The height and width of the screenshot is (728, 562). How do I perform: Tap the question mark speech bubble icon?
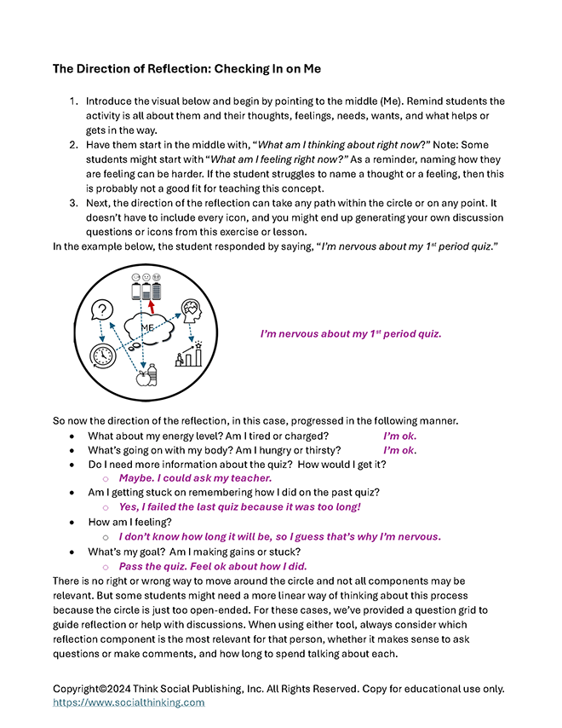pos(104,310)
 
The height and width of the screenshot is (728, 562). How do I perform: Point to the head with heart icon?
pos(190,313)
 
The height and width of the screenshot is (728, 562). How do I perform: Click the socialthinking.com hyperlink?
pos(129,702)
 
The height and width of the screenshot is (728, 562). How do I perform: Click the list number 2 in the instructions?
pos(73,145)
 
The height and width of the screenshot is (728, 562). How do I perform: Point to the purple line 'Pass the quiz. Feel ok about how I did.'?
pos(213,566)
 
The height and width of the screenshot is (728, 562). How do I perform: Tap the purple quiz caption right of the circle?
pos(351,333)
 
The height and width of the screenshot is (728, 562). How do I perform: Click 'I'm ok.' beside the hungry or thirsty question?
pos(400,449)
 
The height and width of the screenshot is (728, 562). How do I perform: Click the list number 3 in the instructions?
pos(73,204)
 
